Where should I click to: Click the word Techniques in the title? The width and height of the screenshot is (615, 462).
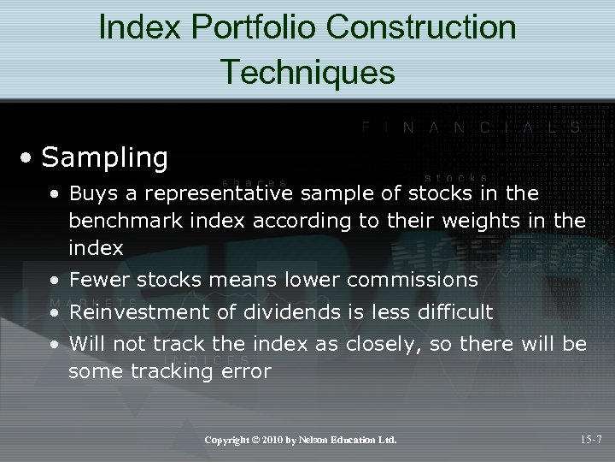[307, 71]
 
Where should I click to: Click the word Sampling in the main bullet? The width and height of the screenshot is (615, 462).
[104, 157]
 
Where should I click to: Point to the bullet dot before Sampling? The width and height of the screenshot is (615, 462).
[29, 159]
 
